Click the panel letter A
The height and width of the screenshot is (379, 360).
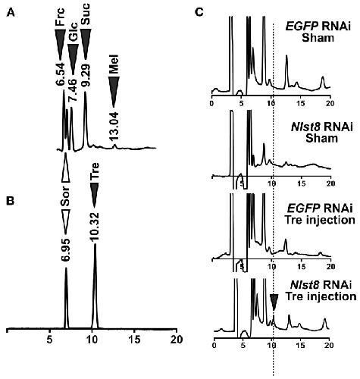(11, 12)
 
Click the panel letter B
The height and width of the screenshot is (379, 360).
(10, 201)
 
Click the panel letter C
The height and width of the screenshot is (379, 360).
(199, 12)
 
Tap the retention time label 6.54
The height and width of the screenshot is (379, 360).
(60, 74)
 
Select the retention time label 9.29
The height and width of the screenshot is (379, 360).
(86, 75)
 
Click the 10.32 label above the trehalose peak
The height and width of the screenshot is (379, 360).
(95, 226)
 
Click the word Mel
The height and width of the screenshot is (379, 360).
(114, 64)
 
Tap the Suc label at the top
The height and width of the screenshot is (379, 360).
(86, 14)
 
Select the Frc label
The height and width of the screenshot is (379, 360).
(60, 17)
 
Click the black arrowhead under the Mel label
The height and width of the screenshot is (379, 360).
(114, 92)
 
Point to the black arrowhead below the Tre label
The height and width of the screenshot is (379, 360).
(95, 196)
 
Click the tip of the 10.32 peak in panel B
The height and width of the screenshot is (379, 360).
(95, 244)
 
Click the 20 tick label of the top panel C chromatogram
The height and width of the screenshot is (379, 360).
(330, 104)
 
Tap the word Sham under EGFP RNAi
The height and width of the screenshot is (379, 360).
(318, 38)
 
